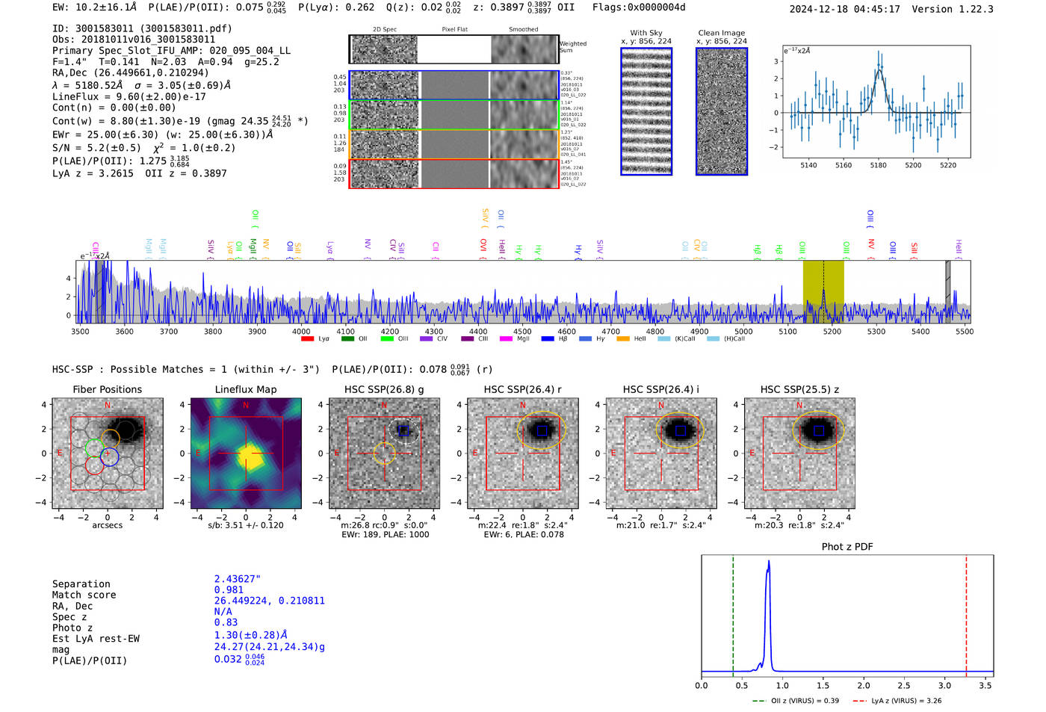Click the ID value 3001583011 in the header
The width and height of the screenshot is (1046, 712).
(x=104, y=28)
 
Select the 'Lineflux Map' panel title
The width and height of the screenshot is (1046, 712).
(x=245, y=389)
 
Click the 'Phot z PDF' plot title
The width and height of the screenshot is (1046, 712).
(x=847, y=547)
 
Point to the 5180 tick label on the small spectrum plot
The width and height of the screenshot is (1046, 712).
(x=878, y=165)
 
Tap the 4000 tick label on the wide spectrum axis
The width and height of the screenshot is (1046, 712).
(x=301, y=331)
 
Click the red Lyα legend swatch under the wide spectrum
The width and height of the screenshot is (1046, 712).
(x=307, y=339)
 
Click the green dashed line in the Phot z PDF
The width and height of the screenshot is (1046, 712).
(x=733, y=613)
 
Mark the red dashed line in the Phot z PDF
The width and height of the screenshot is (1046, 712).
(x=966, y=613)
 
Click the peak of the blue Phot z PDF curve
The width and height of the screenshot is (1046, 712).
(x=769, y=562)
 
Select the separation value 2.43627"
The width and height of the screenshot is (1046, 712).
(x=237, y=579)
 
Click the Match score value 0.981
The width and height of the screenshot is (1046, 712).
(x=229, y=590)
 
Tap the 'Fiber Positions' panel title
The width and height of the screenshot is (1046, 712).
(x=107, y=389)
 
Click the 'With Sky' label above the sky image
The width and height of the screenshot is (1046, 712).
(x=646, y=33)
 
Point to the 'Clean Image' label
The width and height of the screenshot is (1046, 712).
(x=721, y=33)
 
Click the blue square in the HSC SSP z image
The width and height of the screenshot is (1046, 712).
(x=819, y=430)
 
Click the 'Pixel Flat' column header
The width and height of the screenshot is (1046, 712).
(x=454, y=30)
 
